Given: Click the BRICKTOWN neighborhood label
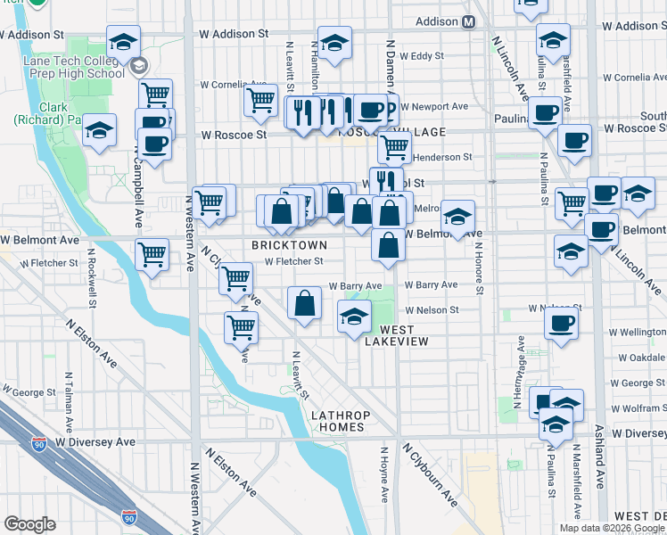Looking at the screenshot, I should click(288, 244).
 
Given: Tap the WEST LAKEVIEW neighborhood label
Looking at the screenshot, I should click(396, 342).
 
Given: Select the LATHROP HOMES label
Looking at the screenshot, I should click(338, 421).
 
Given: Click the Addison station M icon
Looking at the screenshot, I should click(468, 23).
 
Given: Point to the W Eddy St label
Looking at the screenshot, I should click(422, 55).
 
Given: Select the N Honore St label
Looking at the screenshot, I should click(479, 267).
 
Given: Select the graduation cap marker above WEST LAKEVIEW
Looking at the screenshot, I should click(354, 316).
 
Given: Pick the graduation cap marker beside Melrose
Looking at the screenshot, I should click(457, 216).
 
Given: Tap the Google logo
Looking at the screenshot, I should click(30, 524).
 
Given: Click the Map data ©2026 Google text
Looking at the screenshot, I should click(611, 528).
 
